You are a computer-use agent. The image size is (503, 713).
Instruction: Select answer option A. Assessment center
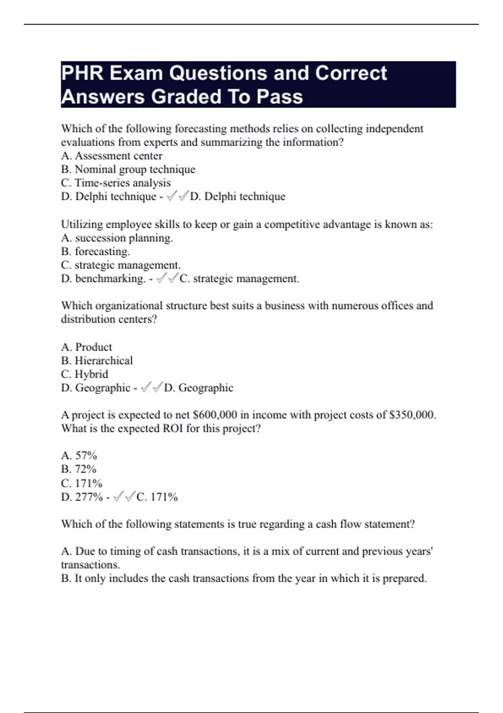pos(111,156)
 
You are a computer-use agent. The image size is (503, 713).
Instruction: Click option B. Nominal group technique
pos(128,169)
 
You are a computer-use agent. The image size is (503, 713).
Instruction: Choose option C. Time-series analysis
pos(116,183)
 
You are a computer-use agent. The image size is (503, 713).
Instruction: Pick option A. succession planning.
pos(117,238)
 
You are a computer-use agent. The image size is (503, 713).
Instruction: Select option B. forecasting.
pos(95,252)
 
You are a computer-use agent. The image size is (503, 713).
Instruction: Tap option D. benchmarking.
pos(103,278)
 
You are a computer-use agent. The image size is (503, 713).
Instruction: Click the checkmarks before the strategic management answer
pos(167,278)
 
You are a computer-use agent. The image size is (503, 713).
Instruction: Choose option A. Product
pos(86,347)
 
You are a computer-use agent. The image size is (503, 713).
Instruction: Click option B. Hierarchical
pos(97,361)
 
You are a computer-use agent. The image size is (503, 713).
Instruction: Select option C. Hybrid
pos(84,374)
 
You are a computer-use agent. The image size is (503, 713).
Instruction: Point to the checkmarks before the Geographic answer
pos(151,388)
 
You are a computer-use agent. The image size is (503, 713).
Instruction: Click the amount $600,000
pos(215,415)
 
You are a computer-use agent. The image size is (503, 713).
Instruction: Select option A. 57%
pos(79,455)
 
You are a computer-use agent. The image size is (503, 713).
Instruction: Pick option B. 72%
pos(78,469)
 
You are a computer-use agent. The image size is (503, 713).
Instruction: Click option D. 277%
pos(82,497)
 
